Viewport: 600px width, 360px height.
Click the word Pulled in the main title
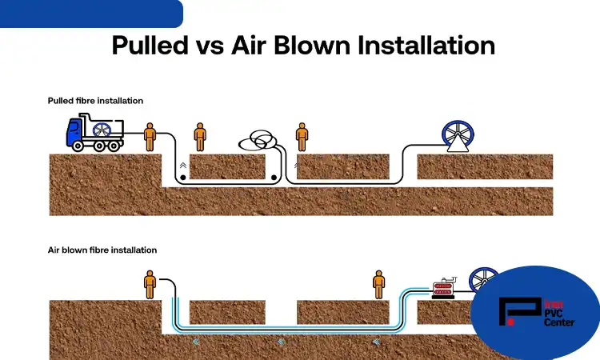tap(150, 46)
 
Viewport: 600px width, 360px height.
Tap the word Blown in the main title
tap(312, 46)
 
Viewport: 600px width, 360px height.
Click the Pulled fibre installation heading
tap(95, 101)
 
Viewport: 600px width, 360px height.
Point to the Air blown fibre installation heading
tap(102, 250)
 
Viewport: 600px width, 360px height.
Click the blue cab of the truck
tap(74, 131)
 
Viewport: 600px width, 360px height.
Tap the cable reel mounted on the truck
tap(102, 130)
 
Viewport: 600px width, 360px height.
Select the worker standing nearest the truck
tap(150, 137)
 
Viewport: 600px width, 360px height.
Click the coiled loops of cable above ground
tap(258, 140)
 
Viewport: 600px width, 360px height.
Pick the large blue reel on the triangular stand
tap(458, 136)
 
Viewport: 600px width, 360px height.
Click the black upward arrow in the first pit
tap(183, 166)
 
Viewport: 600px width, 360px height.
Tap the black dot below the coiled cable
tap(274, 178)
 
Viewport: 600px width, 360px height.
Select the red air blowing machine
tap(443, 288)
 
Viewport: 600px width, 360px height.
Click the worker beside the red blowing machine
tap(379, 285)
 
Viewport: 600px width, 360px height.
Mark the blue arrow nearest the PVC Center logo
tap(376, 342)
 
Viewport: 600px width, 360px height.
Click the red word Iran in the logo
tap(554, 305)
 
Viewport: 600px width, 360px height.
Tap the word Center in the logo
tap(559, 322)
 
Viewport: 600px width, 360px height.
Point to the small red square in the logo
tap(511, 322)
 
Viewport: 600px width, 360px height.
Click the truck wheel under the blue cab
tap(78, 146)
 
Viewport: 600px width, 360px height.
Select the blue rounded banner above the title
tap(91, 14)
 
